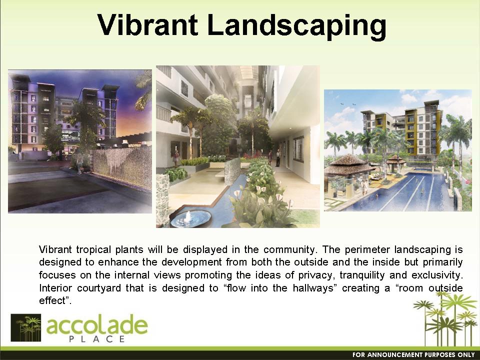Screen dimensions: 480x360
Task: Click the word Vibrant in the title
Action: click(x=148, y=24)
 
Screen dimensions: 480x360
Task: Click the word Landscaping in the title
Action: click(x=296, y=26)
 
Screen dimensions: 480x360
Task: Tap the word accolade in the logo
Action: click(x=97, y=325)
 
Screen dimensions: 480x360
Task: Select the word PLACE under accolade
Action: click(x=96, y=339)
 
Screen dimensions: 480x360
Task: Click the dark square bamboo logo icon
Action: click(x=25, y=327)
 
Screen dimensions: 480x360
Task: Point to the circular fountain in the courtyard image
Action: click(x=190, y=218)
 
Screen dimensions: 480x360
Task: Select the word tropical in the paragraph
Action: click(x=93, y=250)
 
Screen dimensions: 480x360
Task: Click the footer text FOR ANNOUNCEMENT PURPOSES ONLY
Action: click(x=413, y=355)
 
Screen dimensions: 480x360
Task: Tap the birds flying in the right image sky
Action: click(x=348, y=104)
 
